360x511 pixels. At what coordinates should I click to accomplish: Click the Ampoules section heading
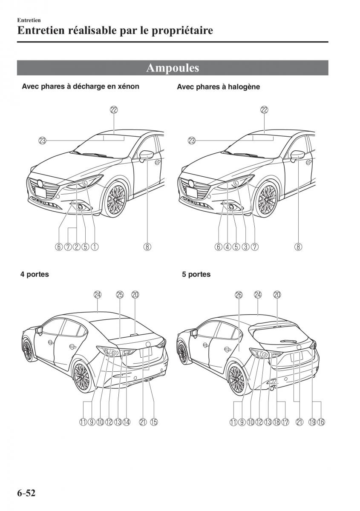click(173, 68)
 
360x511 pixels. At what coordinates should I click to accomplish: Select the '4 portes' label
click(35, 275)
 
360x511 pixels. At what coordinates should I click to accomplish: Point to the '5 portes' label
click(196, 275)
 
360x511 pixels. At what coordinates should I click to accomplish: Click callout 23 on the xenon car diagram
click(42, 140)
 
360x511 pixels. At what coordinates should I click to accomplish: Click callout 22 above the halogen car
click(264, 110)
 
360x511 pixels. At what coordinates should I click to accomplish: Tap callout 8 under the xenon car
click(147, 246)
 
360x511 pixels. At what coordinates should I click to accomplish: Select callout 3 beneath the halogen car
click(245, 246)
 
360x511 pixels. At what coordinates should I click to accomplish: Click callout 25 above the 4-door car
click(120, 294)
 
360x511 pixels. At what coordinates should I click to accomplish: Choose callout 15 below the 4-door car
click(154, 422)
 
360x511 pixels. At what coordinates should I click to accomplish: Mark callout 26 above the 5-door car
click(238, 294)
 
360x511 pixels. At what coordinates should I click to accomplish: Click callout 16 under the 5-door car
click(321, 422)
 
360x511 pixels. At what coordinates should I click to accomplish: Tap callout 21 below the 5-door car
click(299, 422)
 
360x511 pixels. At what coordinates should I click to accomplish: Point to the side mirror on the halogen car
click(298, 155)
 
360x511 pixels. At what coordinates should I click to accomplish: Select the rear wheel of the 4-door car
click(82, 374)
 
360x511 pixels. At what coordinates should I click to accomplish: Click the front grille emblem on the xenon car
click(40, 184)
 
